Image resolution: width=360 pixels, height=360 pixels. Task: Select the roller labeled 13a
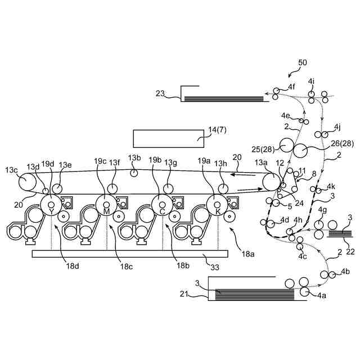(x=271, y=181)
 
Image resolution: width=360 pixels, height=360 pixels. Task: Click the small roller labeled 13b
(x=134, y=173)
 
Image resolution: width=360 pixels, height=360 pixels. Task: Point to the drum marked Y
(x=51, y=204)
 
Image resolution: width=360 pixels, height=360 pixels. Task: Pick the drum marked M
(x=106, y=204)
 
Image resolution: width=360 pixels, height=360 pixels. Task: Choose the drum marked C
(x=162, y=204)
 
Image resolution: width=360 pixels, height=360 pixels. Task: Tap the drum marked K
(x=217, y=204)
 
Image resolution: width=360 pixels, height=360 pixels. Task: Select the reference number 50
(x=302, y=62)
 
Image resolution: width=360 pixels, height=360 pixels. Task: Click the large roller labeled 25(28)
(x=286, y=145)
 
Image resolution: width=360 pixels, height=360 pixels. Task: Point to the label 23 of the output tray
(x=160, y=94)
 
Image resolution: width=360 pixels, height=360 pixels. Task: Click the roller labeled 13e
(x=57, y=188)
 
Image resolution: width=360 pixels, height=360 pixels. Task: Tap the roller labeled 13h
(x=224, y=188)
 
